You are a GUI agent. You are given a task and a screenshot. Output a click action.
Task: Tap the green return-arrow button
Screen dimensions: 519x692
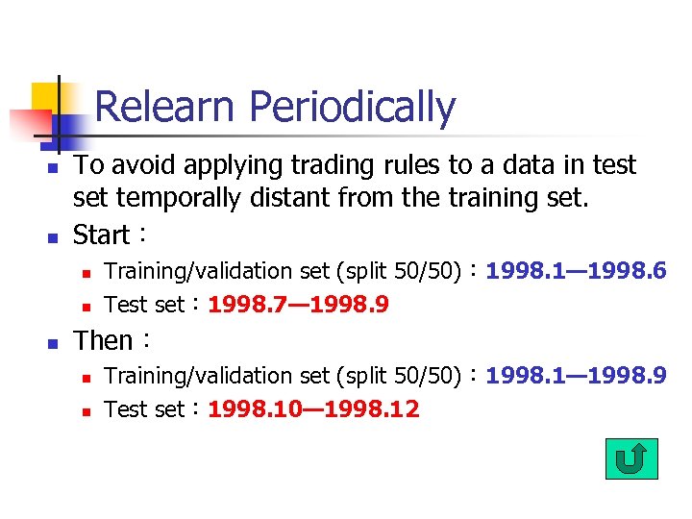tap(631, 459)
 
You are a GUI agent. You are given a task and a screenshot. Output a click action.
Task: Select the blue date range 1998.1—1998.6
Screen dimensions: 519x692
tap(576, 271)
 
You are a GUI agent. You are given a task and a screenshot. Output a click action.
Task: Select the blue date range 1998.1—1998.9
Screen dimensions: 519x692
tap(576, 375)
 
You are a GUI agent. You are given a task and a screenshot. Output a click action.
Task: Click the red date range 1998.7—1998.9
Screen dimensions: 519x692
tap(298, 305)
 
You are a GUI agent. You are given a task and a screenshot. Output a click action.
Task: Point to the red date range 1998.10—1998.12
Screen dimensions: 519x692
tap(313, 409)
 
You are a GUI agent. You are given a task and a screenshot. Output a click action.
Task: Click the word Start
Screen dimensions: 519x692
tap(102, 235)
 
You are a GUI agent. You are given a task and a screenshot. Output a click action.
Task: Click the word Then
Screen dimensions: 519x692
tap(104, 341)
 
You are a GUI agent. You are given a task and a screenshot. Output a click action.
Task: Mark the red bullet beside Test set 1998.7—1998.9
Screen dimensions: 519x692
tap(84, 307)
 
